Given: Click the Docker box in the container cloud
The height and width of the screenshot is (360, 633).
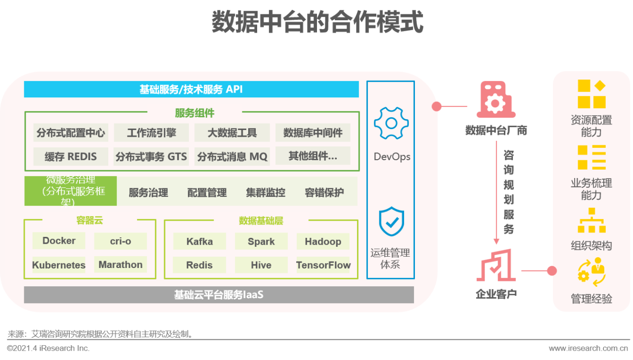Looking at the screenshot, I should (59, 241).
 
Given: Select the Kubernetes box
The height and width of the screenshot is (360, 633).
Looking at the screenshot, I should (59, 265).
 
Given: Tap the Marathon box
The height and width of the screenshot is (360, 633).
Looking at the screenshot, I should (120, 265).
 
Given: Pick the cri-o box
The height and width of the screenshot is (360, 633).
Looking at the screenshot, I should (121, 241).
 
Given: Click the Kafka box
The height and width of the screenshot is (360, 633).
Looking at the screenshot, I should (199, 241).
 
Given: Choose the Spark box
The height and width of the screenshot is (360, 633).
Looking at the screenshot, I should (261, 241).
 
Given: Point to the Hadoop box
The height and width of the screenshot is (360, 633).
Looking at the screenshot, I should (323, 241).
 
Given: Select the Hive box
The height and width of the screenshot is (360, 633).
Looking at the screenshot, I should (261, 265).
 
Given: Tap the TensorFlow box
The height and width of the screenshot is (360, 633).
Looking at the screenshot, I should (323, 265).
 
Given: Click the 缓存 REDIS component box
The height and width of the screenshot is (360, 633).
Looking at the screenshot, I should (71, 156).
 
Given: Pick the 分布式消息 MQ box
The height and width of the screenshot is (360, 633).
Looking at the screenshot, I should (232, 156).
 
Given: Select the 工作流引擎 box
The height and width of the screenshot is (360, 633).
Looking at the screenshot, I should (151, 133).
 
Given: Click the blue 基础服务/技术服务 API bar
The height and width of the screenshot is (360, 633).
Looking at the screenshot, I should (191, 90).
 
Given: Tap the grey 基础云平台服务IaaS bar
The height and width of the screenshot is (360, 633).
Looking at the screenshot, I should (219, 295).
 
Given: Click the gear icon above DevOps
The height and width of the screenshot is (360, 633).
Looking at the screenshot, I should (391, 123).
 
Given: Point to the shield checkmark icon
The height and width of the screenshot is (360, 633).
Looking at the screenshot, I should (391, 222).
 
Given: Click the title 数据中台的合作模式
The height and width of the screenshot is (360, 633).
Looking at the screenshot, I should (317, 22).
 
